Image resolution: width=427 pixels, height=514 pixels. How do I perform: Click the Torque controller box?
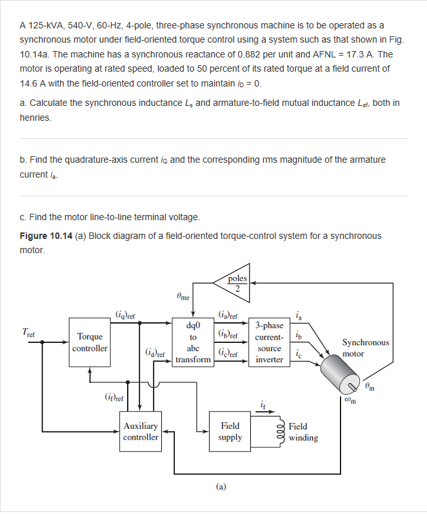pos(90,342)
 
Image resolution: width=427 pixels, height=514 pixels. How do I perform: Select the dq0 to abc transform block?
pos(193,342)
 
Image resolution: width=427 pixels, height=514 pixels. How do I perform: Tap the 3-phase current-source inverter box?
pos(269,342)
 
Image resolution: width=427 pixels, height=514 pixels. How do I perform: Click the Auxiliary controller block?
pos(141,431)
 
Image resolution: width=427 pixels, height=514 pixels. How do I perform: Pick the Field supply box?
pos(230,431)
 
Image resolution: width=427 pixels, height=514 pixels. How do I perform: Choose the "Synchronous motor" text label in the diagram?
pos(365,348)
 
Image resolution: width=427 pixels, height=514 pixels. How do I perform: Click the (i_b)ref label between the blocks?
pos(229,334)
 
